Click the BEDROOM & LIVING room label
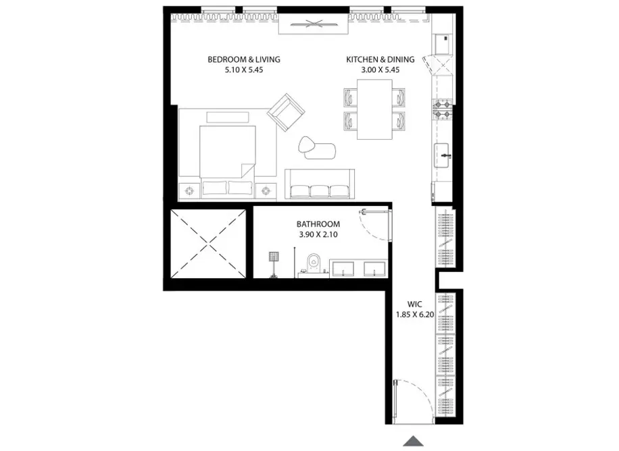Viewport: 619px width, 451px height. coord(243,59)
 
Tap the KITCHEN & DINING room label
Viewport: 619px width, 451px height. coord(380,59)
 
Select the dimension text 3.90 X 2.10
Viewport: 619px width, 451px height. coord(318,234)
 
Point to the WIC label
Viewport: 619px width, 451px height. coord(415,304)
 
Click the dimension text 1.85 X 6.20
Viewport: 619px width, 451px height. coord(415,314)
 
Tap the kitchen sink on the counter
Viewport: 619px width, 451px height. coord(443,155)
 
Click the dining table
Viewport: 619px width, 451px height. coord(374,108)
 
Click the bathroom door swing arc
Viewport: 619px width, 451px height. coord(374,228)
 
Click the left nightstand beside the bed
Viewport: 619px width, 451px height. coord(190,190)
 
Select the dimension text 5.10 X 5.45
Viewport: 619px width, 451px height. coord(243,70)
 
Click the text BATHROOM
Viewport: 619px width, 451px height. coord(318,224)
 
